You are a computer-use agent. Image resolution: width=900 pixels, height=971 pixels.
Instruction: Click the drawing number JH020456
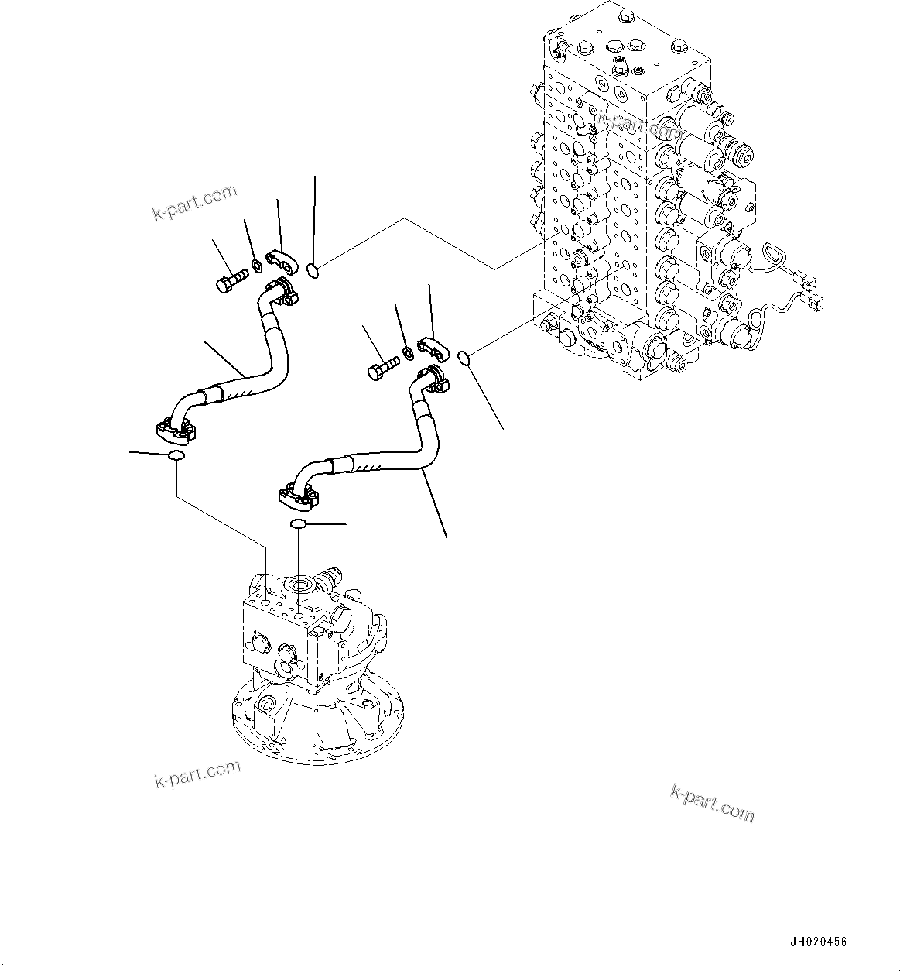point(818,942)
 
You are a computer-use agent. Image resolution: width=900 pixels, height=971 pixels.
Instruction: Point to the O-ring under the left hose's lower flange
point(176,456)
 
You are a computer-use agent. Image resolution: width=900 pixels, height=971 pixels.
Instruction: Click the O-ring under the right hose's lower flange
point(299,525)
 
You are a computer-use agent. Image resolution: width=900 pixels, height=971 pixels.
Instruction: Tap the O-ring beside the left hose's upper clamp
point(312,269)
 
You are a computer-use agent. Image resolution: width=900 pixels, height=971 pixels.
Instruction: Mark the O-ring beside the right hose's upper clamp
point(464,357)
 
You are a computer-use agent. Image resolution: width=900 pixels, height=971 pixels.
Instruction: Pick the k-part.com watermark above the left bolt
point(194,202)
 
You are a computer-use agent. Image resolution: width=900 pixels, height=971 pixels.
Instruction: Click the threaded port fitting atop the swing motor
point(333,576)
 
